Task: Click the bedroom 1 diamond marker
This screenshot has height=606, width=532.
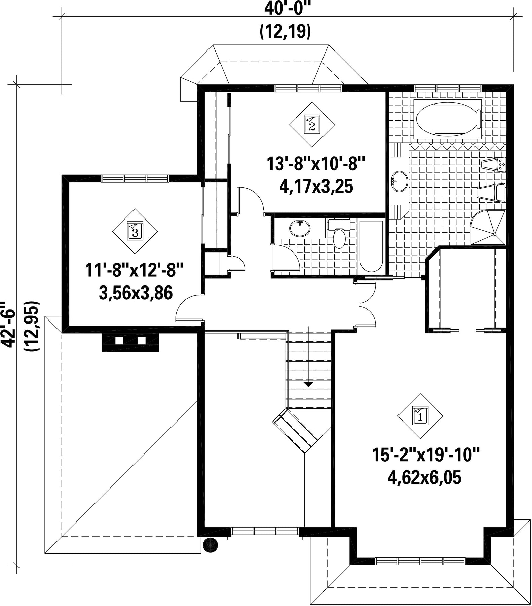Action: (x=420, y=416)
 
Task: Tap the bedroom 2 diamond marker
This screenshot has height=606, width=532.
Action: (x=312, y=125)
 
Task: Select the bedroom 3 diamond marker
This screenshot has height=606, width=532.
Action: (x=135, y=231)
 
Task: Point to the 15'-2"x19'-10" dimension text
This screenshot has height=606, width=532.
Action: (x=425, y=455)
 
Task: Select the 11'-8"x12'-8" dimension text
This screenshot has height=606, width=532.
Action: (x=135, y=270)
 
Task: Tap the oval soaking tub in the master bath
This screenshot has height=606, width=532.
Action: (x=447, y=119)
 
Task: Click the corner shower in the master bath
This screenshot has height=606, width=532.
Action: (x=488, y=227)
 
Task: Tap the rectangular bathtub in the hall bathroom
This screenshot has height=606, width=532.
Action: (x=371, y=246)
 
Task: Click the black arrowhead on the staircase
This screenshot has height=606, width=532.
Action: (x=308, y=384)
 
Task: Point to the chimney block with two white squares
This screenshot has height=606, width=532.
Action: (x=130, y=342)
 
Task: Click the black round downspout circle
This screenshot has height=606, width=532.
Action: (x=210, y=545)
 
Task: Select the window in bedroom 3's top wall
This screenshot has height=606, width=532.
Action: (x=135, y=178)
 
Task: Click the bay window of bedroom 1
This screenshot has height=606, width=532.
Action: (x=421, y=561)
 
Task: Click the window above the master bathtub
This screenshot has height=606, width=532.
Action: (x=448, y=88)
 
